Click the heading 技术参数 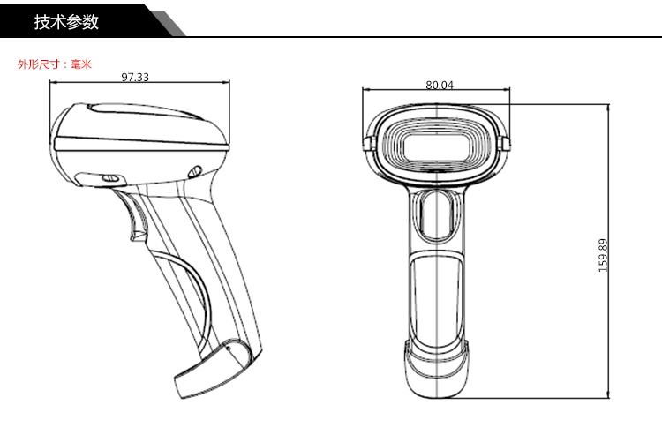66,21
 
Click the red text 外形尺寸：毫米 55,64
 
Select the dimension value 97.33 135,78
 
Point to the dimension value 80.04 440,85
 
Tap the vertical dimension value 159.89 603,255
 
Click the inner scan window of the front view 437,146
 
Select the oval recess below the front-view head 438,215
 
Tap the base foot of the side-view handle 214,369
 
